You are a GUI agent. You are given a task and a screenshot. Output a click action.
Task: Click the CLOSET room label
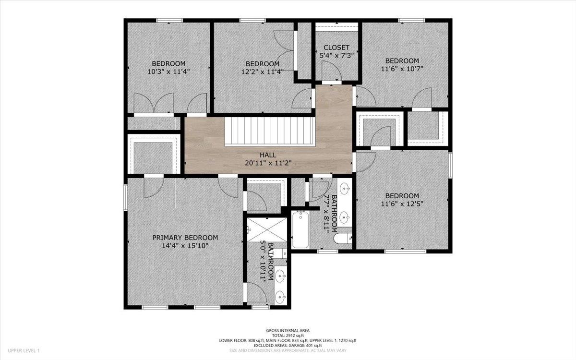coord(336,48)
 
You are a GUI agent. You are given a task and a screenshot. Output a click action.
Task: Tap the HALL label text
coord(268,155)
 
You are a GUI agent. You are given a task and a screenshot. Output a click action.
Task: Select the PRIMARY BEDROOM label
coord(185,238)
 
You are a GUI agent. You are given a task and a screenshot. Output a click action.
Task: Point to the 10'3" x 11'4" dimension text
coord(168,72)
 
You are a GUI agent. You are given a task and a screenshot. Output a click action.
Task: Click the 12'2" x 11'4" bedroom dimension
coord(262,72)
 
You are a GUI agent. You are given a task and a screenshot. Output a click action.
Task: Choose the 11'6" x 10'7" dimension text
coord(402,69)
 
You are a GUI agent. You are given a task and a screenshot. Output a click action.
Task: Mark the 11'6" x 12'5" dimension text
coord(402,204)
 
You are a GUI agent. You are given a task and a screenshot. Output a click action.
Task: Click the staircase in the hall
coord(270,131)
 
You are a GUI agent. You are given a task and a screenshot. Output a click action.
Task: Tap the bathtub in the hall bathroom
coord(300,229)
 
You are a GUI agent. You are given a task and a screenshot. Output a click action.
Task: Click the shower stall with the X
coord(267,229)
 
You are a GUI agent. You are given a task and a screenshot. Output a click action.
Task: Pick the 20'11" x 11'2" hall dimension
coord(268,163)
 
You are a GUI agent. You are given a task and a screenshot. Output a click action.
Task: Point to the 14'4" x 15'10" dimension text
coord(185,246)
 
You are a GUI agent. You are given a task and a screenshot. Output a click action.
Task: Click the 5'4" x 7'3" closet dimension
coord(336,56)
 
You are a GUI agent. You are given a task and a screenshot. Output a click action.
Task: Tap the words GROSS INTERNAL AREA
coord(288,331)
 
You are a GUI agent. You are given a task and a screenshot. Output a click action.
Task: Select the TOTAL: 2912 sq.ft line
coord(288,336)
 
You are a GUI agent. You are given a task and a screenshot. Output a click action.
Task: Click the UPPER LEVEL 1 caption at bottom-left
coord(24,350)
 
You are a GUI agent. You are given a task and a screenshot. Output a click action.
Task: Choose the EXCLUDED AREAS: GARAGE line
coord(288,345)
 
